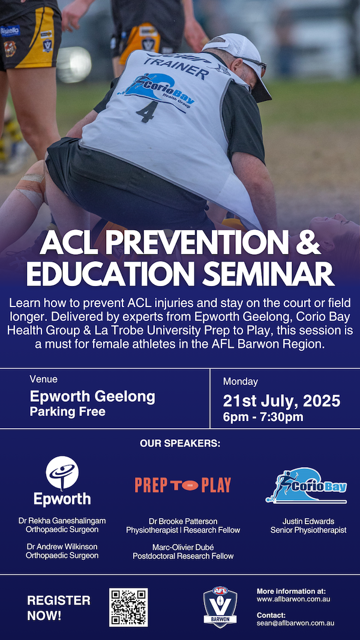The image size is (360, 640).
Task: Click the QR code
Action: pyautogui.click(x=128, y=607)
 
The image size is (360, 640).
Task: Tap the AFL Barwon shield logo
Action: pyautogui.click(x=220, y=607)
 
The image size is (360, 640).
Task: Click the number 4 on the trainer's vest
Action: pyautogui.click(x=145, y=112)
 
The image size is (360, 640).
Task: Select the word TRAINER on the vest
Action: pyautogui.click(x=177, y=67)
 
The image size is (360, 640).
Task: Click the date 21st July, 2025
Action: pyautogui.click(x=281, y=401)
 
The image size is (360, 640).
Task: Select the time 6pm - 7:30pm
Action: pyautogui.click(x=263, y=417)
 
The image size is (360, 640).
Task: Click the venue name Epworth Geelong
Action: pyautogui.click(x=92, y=396)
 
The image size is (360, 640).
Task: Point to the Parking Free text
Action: pyautogui.click(x=67, y=411)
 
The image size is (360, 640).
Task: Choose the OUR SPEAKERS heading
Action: pyautogui.click(x=180, y=443)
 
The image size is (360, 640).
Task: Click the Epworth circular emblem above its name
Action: pyautogui.click(x=62, y=473)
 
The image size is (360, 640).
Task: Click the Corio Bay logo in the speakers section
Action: pyautogui.click(x=306, y=485)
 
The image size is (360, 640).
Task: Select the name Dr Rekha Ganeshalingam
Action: pyautogui.click(x=62, y=521)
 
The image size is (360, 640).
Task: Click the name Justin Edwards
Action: pyautogui.click(x=308, y=521)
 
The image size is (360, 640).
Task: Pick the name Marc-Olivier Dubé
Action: pyautogui.click(x=183, y=547)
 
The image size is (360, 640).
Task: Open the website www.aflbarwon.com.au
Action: pyautogui.click(x=293, y=599)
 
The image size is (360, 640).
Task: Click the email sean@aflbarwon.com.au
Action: pyautogui.click(x=296, y=623)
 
